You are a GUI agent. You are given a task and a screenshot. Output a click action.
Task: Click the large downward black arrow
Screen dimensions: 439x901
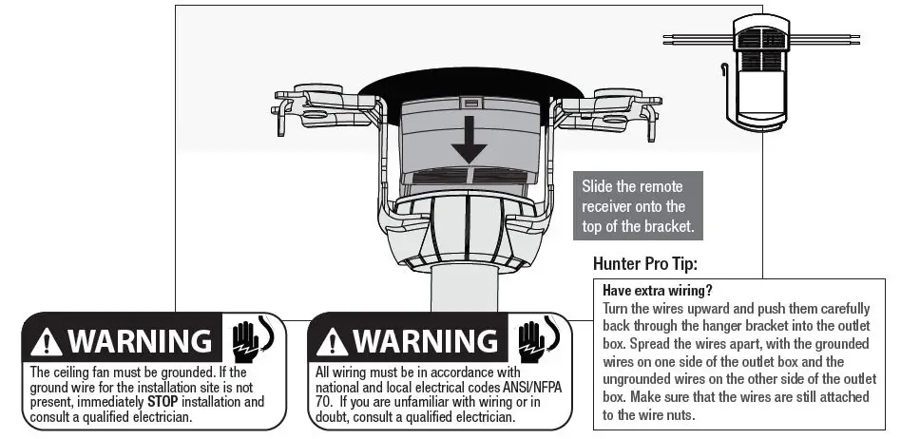(x=469, y=143)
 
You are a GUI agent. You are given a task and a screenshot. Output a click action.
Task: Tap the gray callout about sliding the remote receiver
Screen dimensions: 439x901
(x=637, y=205)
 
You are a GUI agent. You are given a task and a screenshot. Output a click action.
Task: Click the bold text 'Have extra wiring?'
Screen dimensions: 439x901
(x=657, y=290)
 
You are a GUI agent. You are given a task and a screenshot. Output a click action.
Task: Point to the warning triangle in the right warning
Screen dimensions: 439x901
(x=334, y=340)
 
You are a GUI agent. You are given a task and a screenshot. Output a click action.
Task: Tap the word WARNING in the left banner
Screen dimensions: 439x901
(x=139, y=340)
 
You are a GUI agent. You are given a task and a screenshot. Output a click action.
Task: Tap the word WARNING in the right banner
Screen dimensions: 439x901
(x=425, y=340)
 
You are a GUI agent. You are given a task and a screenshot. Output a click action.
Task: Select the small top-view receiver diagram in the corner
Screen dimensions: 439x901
(x=761, y=71)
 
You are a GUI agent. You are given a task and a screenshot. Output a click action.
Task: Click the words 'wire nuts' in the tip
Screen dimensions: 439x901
(x=664, y=415)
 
